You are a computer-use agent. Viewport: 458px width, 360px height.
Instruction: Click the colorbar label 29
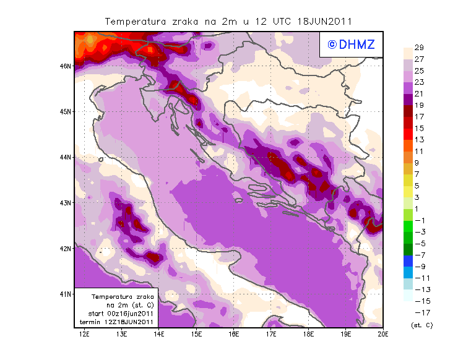click(x=419, y=48)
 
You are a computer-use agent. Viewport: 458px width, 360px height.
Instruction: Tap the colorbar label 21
click(x=419, y=93)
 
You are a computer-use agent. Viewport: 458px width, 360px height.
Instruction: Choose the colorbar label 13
click(x=419, y=139)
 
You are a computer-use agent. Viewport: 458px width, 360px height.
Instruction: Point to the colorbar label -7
click(x=419, y=255)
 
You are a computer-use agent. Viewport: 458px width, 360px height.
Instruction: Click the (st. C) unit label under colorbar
click(x=421, y=325)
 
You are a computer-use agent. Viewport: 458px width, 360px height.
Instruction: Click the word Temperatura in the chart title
click(x=132, y=21)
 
